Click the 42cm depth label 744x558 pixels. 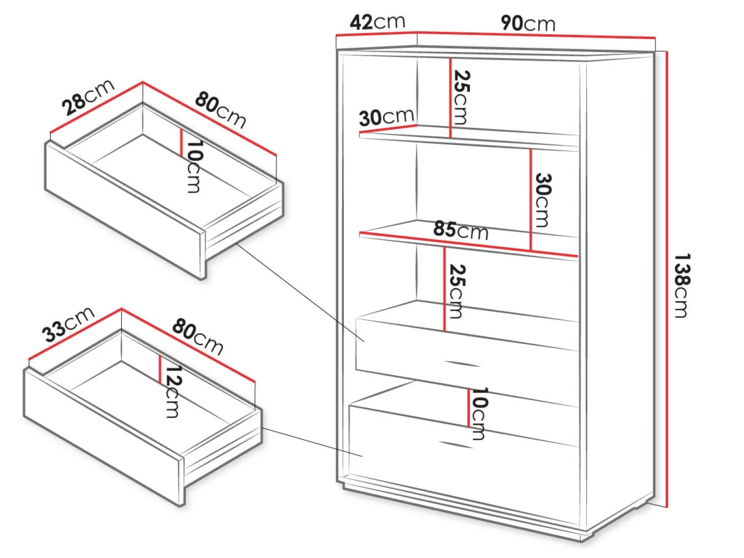(x=377, y=22)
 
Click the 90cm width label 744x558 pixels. (x=528, y=23)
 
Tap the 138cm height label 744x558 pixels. (x=682, y=285)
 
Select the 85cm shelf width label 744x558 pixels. (x=461, y=230)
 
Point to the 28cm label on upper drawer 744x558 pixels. (x=88, y=97)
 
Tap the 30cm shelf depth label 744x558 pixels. (x=386, y=117)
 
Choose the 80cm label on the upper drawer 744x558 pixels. (x=220, y=110)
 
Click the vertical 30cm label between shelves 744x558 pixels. (x=543, y=200)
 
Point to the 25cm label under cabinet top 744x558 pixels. (x=462, y=97)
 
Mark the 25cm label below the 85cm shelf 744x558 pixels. (x=457, y=291)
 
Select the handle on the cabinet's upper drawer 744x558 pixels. (x=462, y=363)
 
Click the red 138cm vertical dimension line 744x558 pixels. (x=667, y=279)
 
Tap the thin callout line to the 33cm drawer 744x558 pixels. (x=312, y=442)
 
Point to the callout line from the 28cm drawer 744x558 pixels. (x=300, y=292)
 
